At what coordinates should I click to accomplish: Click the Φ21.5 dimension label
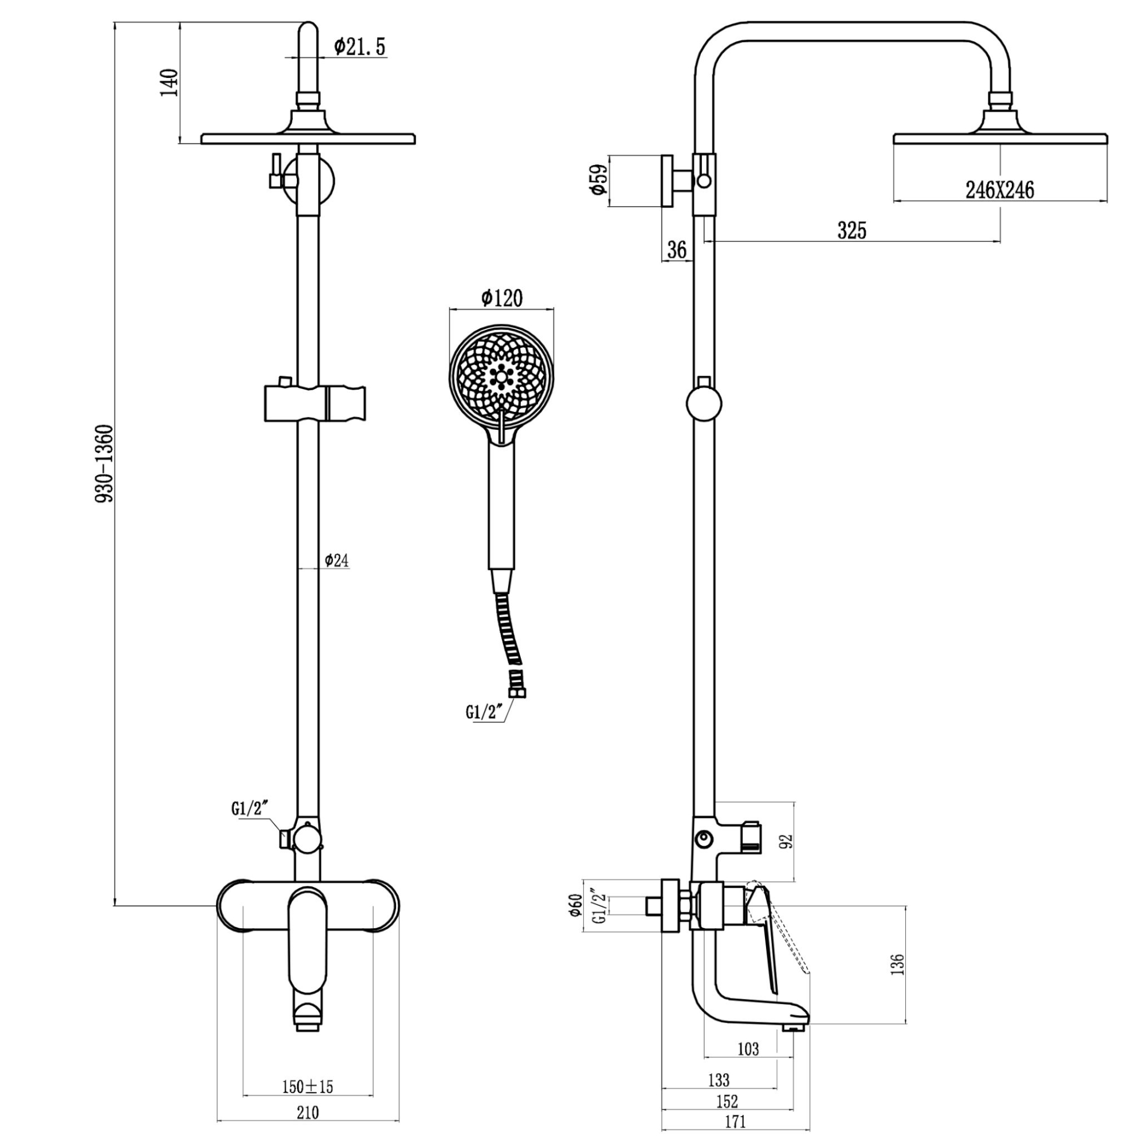pos(359,47)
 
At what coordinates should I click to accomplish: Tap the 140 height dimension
pos(170,83)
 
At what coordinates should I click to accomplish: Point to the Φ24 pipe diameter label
pos(336,560)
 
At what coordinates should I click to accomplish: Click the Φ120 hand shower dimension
pos(502,298)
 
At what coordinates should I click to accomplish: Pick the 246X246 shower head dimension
pos(999,190)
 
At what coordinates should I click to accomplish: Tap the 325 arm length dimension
pos(852,230)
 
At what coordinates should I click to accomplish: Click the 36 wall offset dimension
pos(676,250)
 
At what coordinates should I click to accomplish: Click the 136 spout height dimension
pos(897,964)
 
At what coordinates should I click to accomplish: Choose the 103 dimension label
pos(748,1049)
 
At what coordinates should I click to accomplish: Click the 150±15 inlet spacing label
pos(307,1086)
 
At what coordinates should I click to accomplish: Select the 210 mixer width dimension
pos(307,1112)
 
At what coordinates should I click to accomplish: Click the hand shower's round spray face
pos(502,376)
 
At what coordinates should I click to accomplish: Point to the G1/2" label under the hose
pos(484,711)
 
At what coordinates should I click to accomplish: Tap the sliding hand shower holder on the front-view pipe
pos(315,403)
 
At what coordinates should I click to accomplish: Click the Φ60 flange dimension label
pos(574,905)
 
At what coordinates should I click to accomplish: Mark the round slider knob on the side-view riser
pos(704,404)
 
